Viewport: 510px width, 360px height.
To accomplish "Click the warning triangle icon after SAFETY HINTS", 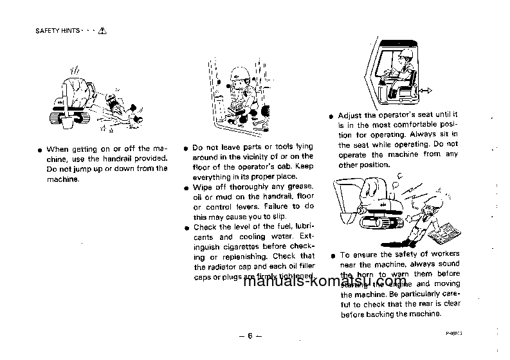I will click(102, 30).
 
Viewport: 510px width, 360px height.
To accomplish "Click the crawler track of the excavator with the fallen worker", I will click(69, 118).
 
